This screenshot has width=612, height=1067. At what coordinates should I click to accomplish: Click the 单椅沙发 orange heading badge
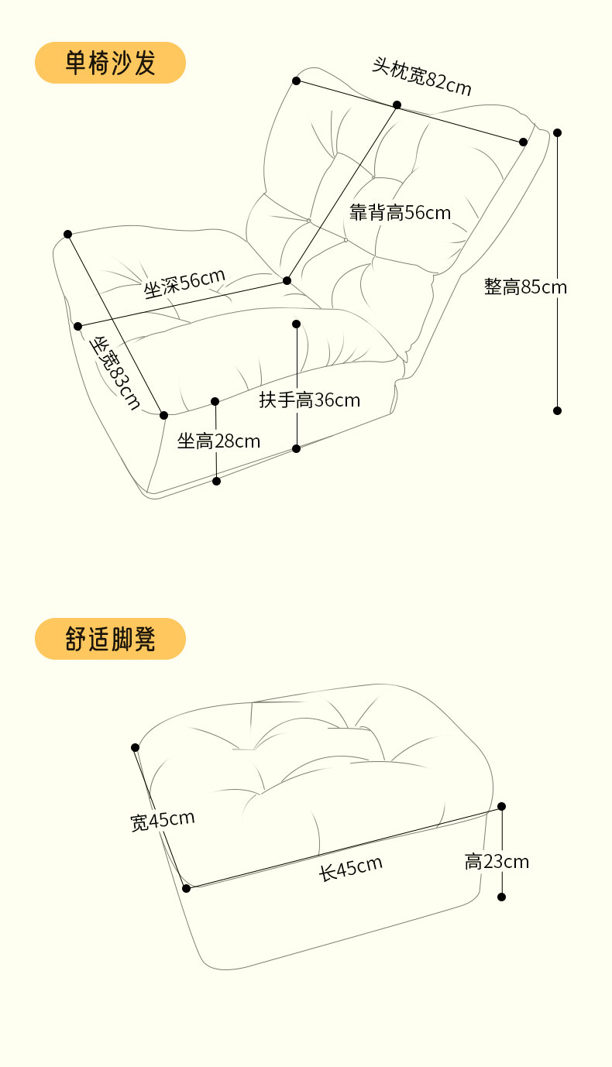click(110, 63)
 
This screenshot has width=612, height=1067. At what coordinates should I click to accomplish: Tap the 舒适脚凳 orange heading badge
click(110, 639)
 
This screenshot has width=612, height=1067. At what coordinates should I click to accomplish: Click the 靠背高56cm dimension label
click(400, 212)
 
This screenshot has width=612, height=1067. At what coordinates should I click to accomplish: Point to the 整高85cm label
click(525, 287)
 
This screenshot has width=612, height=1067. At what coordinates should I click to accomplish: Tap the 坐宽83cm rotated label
click(117, 372)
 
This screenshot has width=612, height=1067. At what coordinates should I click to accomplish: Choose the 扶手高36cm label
click(310, 400)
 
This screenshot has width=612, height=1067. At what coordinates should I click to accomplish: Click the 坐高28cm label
click(218, 441)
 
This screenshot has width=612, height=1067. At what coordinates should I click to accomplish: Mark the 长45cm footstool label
click(351, 868)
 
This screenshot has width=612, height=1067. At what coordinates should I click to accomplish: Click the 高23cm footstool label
click(497, 861)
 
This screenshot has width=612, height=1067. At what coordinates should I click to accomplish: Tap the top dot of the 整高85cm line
click(557, 132)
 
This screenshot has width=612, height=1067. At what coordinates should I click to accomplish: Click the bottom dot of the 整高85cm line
click(557, 410)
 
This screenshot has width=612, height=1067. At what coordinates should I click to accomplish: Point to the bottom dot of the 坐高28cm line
click(216, 481)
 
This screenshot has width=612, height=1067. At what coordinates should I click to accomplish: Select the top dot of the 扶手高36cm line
click(297, 324)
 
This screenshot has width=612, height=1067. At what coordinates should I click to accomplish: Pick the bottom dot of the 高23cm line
click(501, 897)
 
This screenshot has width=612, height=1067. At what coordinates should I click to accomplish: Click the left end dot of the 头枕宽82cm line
click(296, 81)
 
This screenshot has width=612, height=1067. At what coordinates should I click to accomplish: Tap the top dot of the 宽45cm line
click(136, 747)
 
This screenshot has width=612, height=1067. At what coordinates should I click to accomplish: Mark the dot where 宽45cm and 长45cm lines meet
click(186, 888)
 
